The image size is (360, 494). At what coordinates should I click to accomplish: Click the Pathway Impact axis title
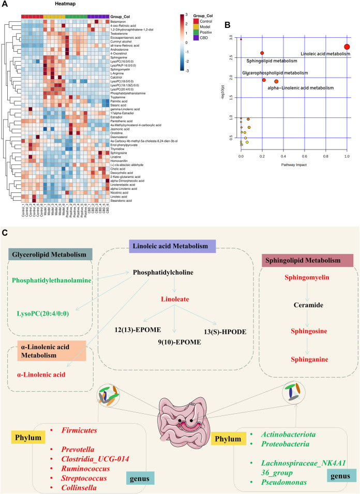293,163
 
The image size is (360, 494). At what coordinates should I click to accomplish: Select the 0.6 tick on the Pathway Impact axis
304,155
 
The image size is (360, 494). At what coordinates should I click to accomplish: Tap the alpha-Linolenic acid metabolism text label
301,88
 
